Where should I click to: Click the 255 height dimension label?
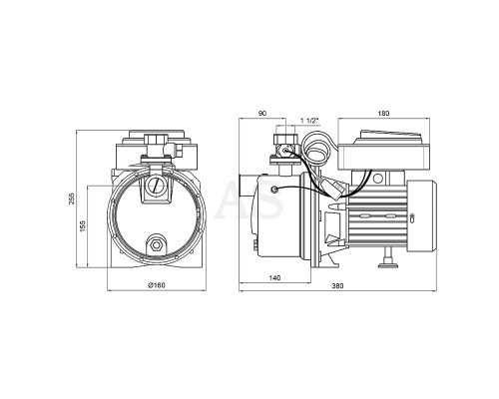[72, 199]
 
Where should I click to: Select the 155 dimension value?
[83, 225]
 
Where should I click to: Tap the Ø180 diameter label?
[157, 285]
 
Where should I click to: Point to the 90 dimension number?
[262, 114]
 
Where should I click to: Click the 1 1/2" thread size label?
[309, 121]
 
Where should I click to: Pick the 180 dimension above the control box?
[383, 114]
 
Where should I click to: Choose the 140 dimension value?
[274, 278]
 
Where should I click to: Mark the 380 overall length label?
[337, 285]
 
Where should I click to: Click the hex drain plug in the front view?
[156, 245]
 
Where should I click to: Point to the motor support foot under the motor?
[387, 258]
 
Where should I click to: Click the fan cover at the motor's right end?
[421, 215]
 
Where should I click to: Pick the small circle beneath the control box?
[377, 179]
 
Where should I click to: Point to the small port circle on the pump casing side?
[274, 190]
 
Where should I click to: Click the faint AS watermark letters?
[249, 199]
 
